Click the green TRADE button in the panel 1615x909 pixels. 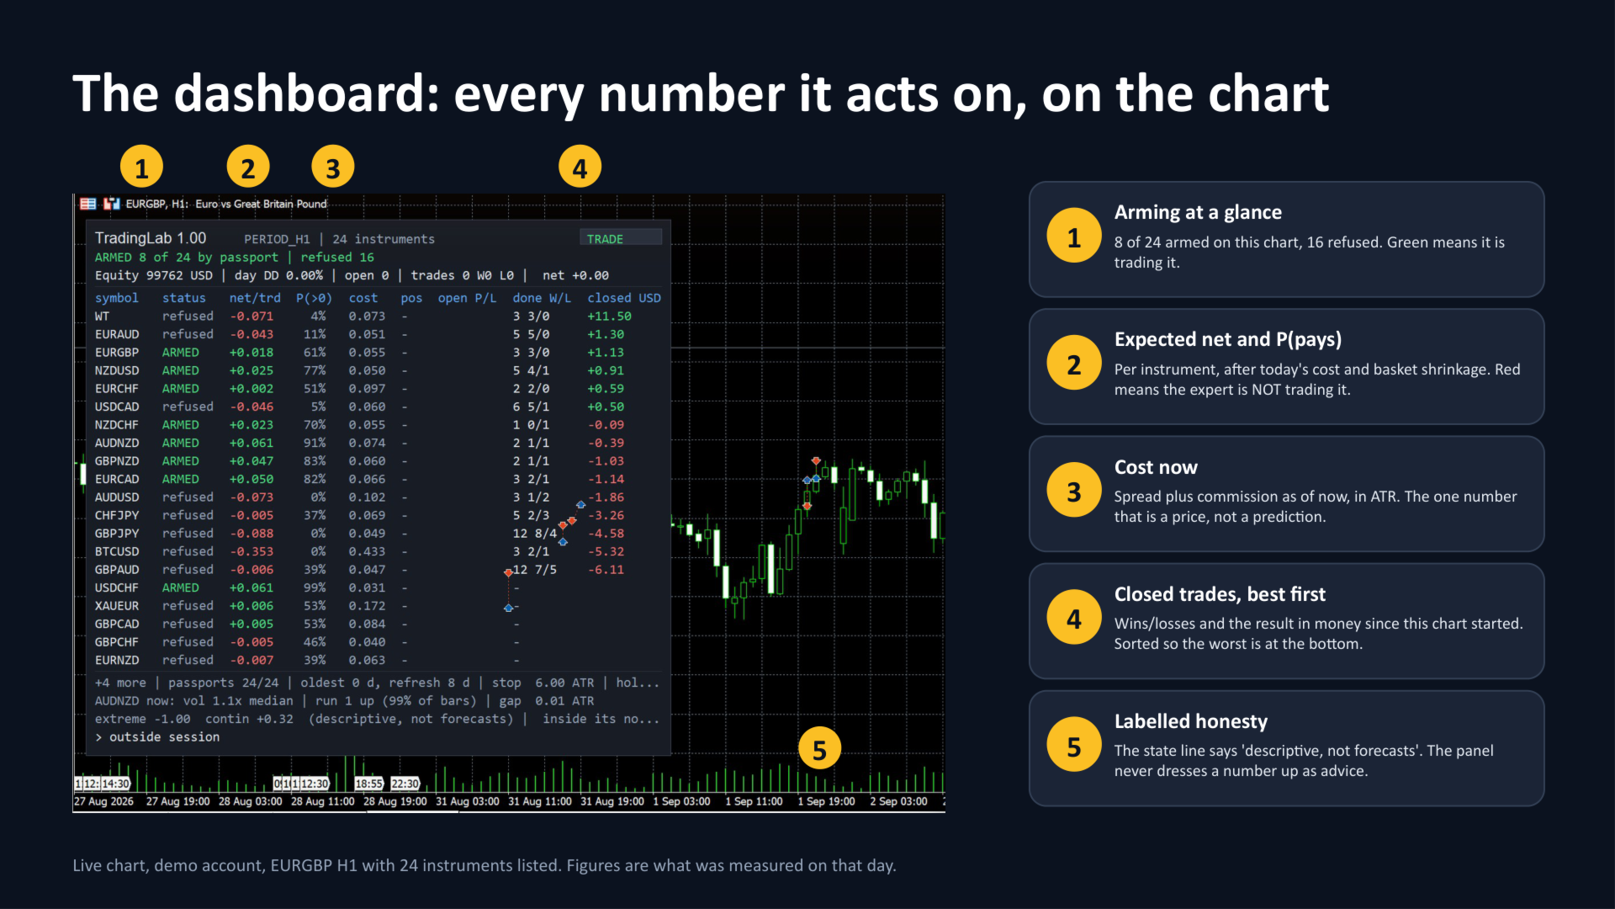pyautogui.click(x=621, y=239)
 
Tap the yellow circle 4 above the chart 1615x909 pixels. pyautogui.click(x=580, y=167)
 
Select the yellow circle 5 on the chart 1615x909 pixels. pyautogui.click(x=819, y=748)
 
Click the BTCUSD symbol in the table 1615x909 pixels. pyautogui.click(x=117, y=551)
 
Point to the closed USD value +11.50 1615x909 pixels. pyautogui.click(x=609, y=316)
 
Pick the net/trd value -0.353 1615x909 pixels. pyautogui.click(x=252, y=551)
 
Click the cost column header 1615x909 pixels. pyautogui.click(x=363, y=298)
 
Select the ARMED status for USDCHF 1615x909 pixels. pyautogui.click(x=181, y=587)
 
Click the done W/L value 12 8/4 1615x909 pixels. pyautogui.click(x=535, y=534)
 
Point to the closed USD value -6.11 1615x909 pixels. pyautogui.click(x=606, y=570)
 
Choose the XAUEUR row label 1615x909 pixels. pyautogui.click(x=117, y=606)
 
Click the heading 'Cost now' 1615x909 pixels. pyautogui.click(x=1156, y=467)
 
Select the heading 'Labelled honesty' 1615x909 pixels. pyautogui.click(x=1190, y=721)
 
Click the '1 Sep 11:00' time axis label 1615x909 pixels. pyautogui.click(x=754, y=801)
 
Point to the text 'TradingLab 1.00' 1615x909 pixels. pyautogui.click(x=151, y=238)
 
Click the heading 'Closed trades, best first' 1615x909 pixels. pyautogui.click(x=1220, y=594)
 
